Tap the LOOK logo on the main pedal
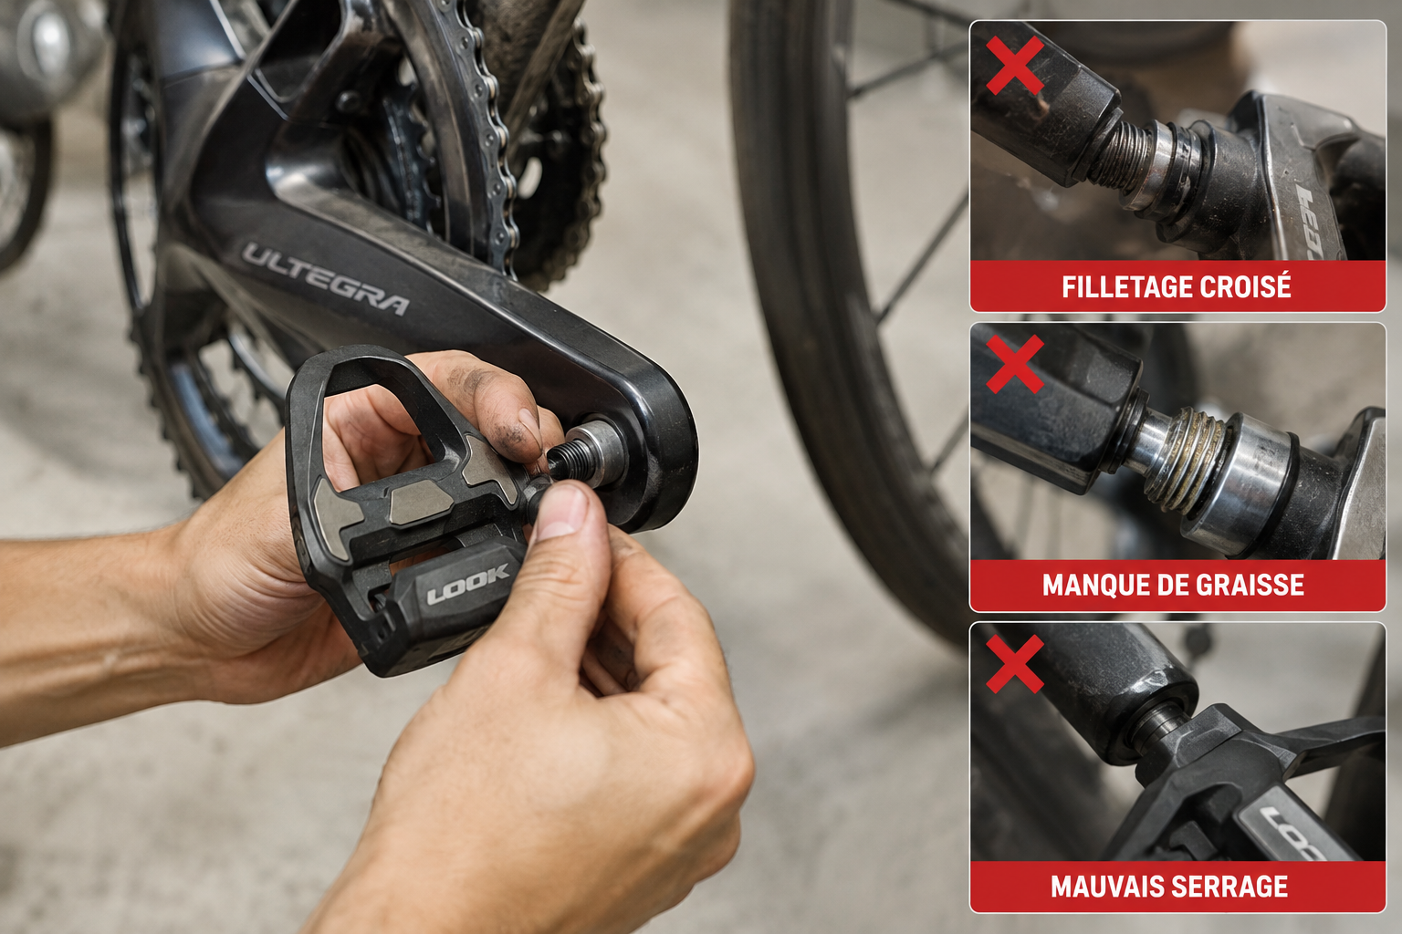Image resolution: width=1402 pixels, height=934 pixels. coord(467,584)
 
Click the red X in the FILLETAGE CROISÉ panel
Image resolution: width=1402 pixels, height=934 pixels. coord(1015,65)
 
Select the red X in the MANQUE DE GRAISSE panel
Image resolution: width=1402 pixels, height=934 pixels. coord(1015,364)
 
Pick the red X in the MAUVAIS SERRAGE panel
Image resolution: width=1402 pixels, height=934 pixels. coord(1015,664)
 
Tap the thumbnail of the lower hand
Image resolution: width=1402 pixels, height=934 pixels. coord(561,511)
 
